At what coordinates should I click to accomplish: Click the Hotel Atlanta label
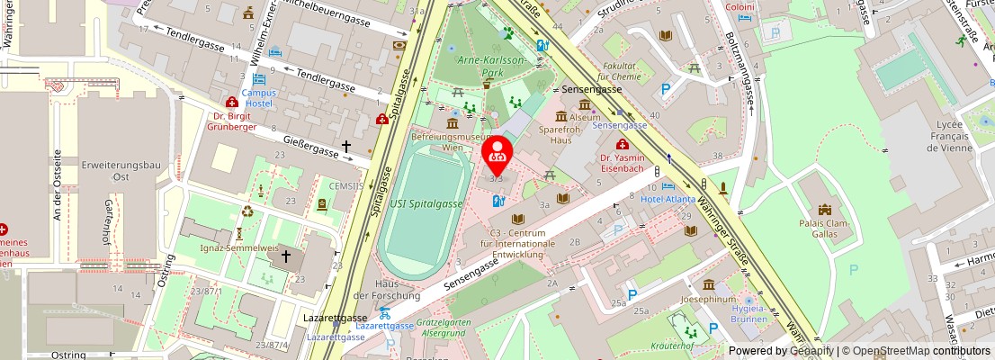(x=667, y=199)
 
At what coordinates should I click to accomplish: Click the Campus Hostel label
(x=258, y=98)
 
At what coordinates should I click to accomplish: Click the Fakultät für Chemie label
(x=621, y=71)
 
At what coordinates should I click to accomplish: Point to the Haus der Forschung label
(x=386, y=289)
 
